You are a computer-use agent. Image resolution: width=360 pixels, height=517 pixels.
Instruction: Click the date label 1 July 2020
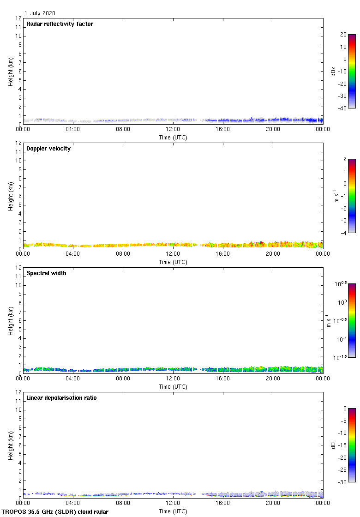(40, 13)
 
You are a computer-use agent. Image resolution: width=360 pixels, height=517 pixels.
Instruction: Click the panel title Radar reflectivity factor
(60, 24)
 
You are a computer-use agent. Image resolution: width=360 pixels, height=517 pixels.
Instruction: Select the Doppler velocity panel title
(48, 149)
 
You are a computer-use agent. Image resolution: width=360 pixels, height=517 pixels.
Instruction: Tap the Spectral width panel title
(46, 273)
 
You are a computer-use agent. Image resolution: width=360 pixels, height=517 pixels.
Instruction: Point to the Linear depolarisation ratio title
(61, 398)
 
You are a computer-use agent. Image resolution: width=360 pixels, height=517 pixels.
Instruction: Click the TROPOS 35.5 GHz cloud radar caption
(55, 512)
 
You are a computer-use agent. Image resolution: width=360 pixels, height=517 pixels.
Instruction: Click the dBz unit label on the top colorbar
(333, 71)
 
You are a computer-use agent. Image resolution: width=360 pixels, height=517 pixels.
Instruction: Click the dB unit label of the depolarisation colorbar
(333, 445)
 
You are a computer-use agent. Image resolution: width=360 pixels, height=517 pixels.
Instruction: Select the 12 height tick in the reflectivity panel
(18, 18)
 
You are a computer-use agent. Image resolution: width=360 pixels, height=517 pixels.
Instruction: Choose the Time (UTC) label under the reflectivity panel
(173, 138)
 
